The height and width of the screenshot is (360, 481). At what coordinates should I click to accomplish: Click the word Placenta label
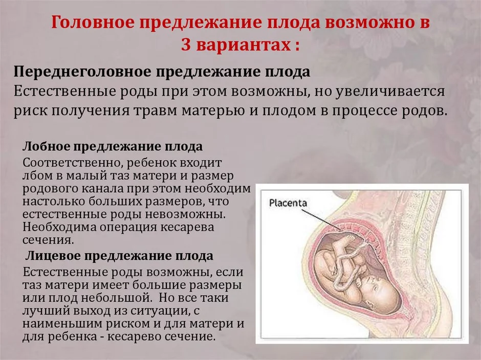pyautogui.click(x=288, y=202)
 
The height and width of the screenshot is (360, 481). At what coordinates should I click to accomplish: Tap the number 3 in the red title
pyautogui.click(x=186, y=45)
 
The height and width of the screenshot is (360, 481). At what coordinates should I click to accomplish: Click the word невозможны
pyautogui.click(x=185, y=214)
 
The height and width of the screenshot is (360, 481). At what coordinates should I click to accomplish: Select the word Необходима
pyautogui.click(x=60, y=227)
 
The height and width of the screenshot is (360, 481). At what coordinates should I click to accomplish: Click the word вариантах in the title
pyautogui.click(x=243, y=46)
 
